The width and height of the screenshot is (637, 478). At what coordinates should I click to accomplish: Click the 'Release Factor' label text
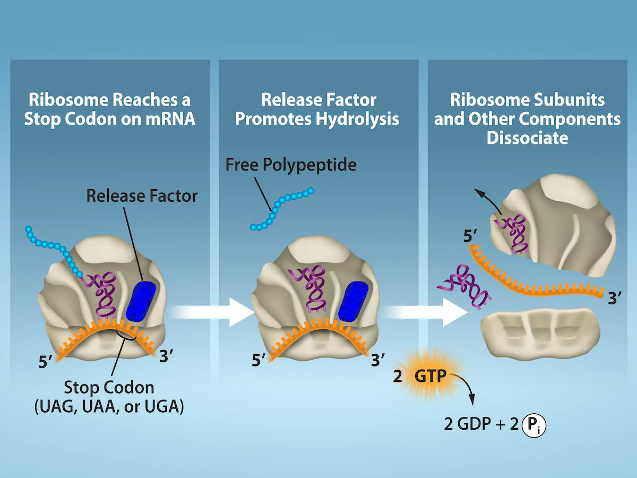click(x=142, y=195)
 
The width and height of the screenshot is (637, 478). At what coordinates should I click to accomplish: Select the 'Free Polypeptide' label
click(x=291, y=165)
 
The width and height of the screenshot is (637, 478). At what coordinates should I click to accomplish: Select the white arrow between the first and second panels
click(x=210, y=313)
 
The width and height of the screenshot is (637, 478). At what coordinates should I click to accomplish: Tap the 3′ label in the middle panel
click(x=377, y=360)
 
